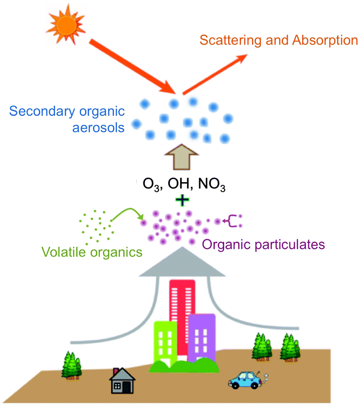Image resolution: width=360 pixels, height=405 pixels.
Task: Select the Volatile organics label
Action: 92,251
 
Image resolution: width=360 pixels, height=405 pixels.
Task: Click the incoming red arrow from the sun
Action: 132,65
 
